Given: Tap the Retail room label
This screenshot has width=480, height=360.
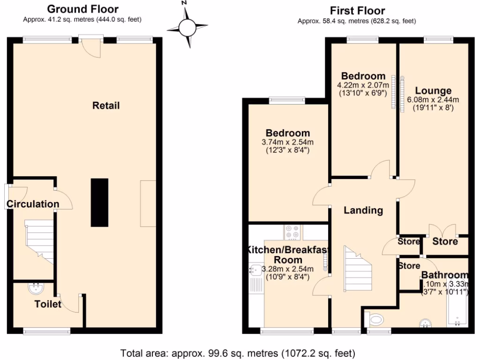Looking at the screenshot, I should [106, 105].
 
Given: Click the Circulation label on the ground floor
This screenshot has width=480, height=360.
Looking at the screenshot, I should [33, 204].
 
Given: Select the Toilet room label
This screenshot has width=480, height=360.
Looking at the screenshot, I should [48, 304].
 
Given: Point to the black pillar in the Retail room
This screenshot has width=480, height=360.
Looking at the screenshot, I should [99, 202].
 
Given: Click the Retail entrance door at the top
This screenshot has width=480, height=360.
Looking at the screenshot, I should [90, 47].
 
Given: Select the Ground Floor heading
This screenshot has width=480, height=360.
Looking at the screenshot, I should [83, 9].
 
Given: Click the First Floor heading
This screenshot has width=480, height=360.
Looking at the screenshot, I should [357, 10].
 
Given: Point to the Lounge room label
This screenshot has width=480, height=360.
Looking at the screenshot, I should [433, 91].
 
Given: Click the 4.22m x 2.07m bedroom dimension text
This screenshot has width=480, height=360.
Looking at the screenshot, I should [363, 85].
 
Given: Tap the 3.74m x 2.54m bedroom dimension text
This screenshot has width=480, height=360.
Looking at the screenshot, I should [288, 142].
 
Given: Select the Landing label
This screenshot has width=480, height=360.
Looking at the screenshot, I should [363, 210].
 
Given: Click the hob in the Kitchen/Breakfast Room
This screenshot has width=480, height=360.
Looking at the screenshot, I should [293, 232].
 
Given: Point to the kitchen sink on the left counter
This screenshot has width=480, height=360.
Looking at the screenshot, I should [256, 270].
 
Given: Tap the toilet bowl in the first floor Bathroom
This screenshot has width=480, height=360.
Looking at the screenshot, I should [376, 320].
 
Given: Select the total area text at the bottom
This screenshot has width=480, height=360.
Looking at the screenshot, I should [238, 352].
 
